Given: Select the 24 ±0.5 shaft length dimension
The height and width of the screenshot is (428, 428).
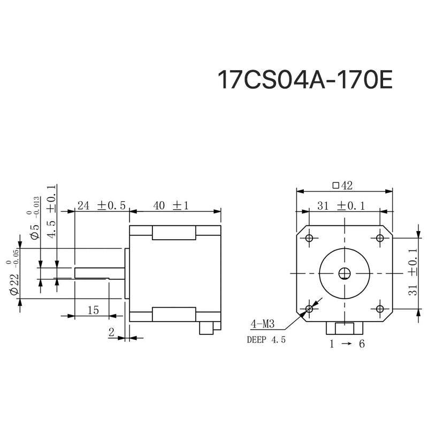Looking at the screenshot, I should coord(101,205).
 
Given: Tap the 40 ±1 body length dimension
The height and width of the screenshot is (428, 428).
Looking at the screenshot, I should coord(172,205).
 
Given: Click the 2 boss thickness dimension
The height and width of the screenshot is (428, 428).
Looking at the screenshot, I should coord(112,332).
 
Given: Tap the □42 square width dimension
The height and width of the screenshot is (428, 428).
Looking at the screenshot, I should coord(343,186).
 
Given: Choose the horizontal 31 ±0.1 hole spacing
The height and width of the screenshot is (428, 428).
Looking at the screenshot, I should coord(343,205).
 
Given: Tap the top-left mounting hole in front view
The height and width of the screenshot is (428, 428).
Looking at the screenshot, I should coord(309,238).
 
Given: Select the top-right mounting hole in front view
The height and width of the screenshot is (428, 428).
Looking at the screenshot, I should coord(380,238).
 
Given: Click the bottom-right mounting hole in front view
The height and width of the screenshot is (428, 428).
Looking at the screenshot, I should coord(380,309).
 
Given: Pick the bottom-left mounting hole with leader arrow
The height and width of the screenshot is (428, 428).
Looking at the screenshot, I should coord(309,309).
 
